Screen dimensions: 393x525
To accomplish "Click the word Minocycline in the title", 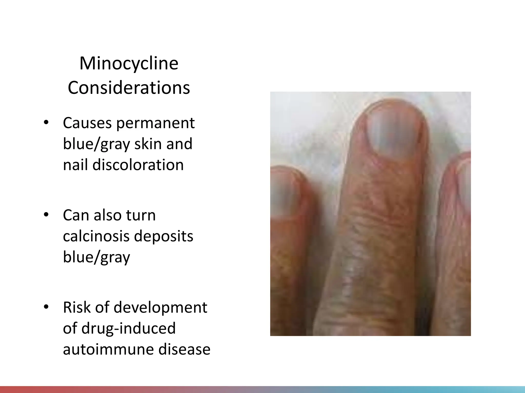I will (x=129, y=63).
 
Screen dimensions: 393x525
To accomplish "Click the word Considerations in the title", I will (x=129, y=88).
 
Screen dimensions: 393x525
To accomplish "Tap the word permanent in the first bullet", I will (x=156, y=123).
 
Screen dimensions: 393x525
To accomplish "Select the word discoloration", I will (x=123, y=165).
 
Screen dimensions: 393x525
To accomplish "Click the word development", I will (x=160, y=307).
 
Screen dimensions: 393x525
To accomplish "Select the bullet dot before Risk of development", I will (x=46, y=307).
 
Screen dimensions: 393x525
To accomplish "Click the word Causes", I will (x=87, y=123).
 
